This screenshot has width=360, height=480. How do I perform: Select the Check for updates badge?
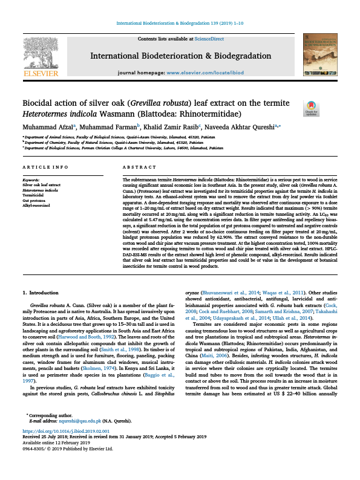point(311,108)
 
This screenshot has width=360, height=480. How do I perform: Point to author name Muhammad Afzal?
point(48,127)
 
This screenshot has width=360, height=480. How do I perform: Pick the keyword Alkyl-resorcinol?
point(37,206)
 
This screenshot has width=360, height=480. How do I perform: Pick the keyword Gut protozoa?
point(33,201)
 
